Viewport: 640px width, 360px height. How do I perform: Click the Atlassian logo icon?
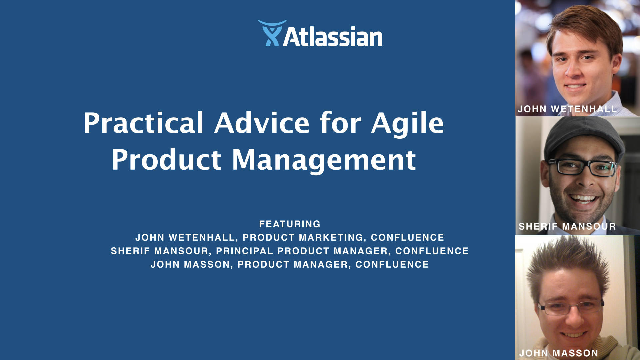coord(272,33)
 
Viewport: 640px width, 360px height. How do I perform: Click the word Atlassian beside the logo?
coord(333,37)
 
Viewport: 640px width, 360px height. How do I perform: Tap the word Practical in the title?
coord(143,123)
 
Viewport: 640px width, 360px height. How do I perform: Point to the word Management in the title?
coord(324,160)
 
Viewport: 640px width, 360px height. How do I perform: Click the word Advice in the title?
coord(262,123)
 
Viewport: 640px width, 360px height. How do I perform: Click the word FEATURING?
coord(290,224)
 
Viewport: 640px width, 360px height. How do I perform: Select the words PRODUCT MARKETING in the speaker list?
coord(303,237)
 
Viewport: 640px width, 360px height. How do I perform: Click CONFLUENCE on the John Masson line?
coord(392,264)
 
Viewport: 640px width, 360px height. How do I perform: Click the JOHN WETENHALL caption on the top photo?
coord(567,109)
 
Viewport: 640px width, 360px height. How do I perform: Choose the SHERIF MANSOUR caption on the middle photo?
coord(567,226)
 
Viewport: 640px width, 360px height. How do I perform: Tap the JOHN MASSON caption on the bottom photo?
coord(559,353)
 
